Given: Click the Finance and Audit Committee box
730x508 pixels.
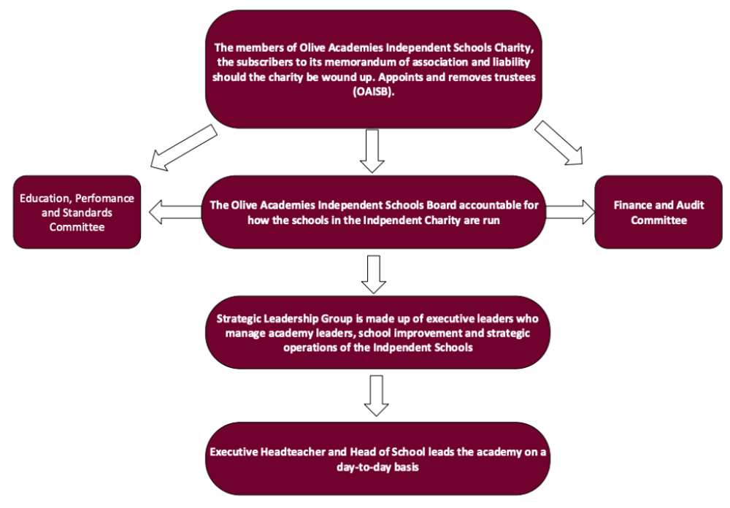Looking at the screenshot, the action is [658, 212].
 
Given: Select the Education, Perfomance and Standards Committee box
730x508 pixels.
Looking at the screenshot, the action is [77, 212].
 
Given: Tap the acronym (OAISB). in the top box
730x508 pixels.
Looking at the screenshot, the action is [373, 92].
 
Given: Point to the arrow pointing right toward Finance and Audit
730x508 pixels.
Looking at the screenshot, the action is [570, 212].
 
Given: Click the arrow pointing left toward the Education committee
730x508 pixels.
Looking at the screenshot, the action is [175, 212].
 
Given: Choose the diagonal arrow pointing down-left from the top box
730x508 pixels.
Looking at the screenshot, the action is [183, 147].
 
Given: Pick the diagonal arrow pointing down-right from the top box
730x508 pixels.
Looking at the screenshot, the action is [558, 143].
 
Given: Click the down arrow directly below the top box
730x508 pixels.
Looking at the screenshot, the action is [372, 151].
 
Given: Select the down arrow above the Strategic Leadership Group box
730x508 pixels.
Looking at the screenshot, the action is [373, 274].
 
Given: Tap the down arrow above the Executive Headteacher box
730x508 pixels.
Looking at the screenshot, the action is [376, 396].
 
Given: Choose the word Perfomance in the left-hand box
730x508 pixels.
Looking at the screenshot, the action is [104, 199].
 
